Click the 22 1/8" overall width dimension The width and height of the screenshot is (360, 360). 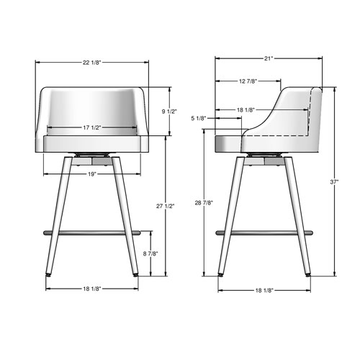tap(92, 63)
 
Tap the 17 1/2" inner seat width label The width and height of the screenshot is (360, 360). tap(91, 127)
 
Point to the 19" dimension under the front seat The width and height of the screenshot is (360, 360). tap(91, 173)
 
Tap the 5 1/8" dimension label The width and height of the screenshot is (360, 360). tap(199, 118)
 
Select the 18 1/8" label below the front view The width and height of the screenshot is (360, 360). tap(91, 289)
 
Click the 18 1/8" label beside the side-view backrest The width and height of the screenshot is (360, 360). tap(246, 109)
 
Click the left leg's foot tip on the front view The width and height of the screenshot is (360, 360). tap(49, 275)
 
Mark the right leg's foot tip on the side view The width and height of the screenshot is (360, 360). tap(311, 275)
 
